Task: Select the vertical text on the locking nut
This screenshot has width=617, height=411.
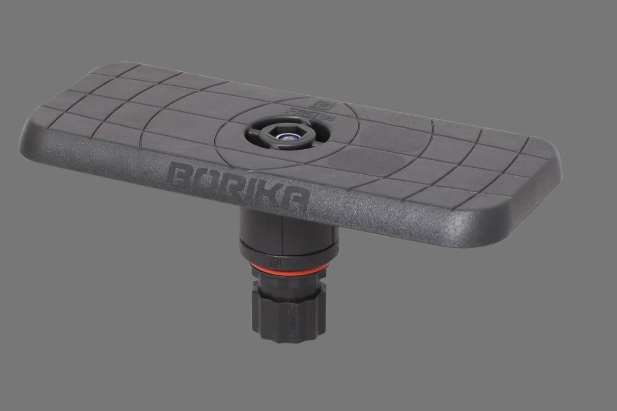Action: [x=293, y=319]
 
